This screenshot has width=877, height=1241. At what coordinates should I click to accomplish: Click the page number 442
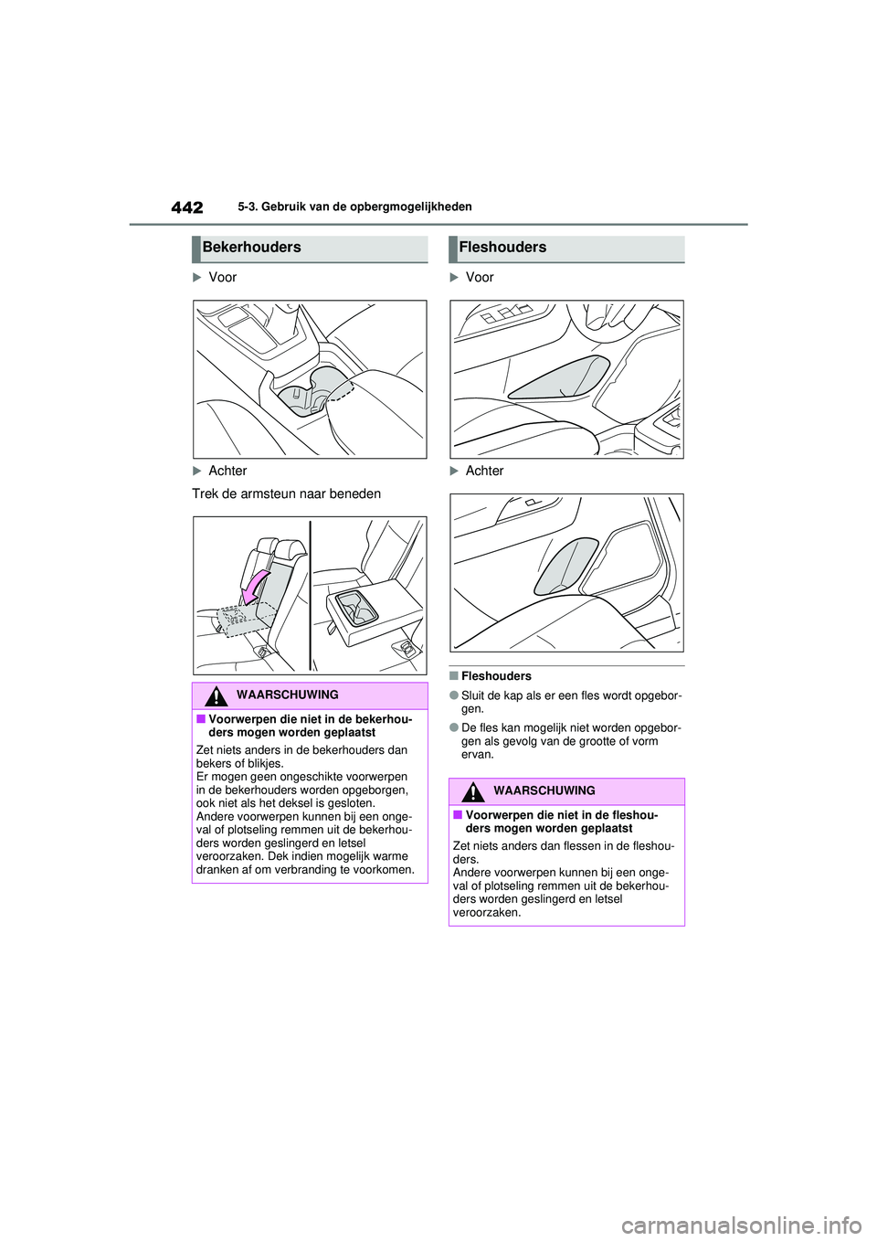[x=186, y=207]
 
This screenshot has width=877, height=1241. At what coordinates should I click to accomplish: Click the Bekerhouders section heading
[x=251, y=248]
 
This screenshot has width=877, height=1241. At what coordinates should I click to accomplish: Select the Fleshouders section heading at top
[x=502, y=248]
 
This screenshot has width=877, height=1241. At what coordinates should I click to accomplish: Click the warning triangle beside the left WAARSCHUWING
[x=216, y=696]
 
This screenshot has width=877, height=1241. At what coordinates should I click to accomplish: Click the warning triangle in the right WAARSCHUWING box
[x=472, y=791]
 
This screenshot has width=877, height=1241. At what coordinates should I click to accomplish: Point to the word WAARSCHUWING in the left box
[x=287, y=695]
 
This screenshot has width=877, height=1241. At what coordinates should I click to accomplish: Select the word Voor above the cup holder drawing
[x=222, y=278]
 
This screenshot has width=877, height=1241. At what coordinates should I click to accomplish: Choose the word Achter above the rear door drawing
[x=484, y=472]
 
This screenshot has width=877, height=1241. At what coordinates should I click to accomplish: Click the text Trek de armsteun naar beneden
[x=286, y=494]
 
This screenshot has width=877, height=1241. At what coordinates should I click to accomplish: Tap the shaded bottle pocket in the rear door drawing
[x=565, y=566]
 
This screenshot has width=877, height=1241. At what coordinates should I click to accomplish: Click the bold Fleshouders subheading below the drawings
[x=496, y=677]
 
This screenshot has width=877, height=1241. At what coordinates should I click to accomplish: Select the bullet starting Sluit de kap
[x=571, y=702]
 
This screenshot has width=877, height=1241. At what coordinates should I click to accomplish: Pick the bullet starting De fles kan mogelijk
[x=571, y=741]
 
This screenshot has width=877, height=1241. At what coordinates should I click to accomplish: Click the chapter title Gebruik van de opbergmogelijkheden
[x=354, y=207]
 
